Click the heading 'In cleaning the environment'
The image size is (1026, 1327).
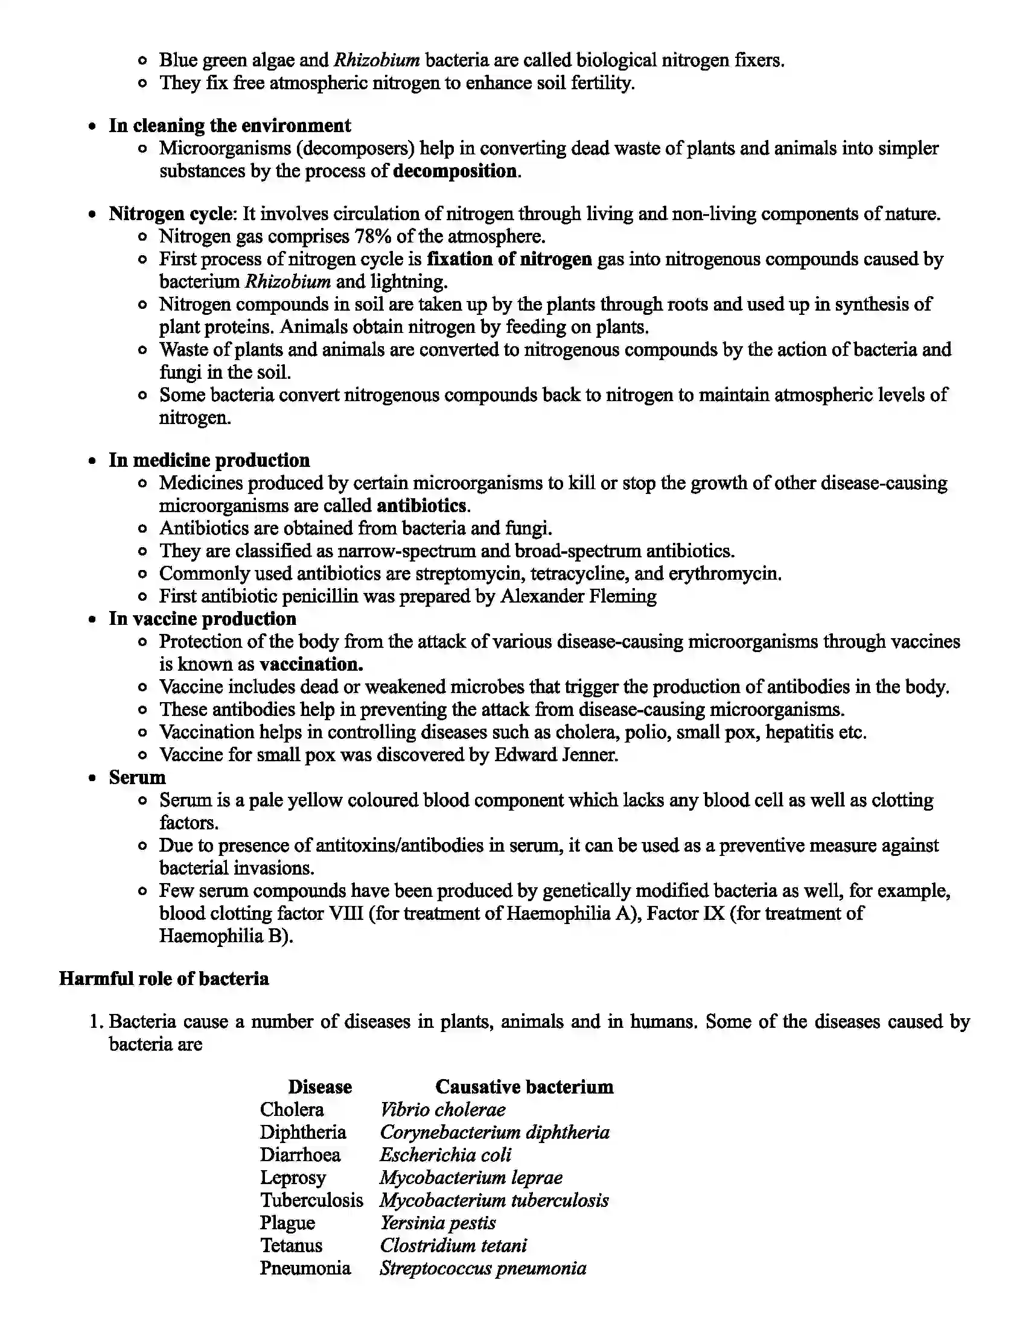point(229,126)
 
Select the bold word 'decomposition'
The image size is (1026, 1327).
point(455,171)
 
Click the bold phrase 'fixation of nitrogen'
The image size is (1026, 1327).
point(509,259)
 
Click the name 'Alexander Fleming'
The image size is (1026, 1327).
point(578,596)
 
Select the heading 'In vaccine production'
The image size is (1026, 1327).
point(202,618)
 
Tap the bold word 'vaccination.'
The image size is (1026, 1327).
point(311,664)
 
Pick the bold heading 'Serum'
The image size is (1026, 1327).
point(138,777)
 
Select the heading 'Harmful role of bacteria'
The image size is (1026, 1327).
point(164,979)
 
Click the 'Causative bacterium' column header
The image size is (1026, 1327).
point(524,1087)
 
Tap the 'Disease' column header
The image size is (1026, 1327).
point(320,1087)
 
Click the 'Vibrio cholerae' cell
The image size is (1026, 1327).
point(442,1109)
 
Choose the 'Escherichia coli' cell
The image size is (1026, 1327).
point(445,1155)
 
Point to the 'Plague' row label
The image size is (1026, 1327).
point(287,1223)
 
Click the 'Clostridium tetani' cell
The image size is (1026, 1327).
point(453,1246)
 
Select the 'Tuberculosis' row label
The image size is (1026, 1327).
point(312,1200)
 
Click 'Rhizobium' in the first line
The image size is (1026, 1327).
point(377,60)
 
